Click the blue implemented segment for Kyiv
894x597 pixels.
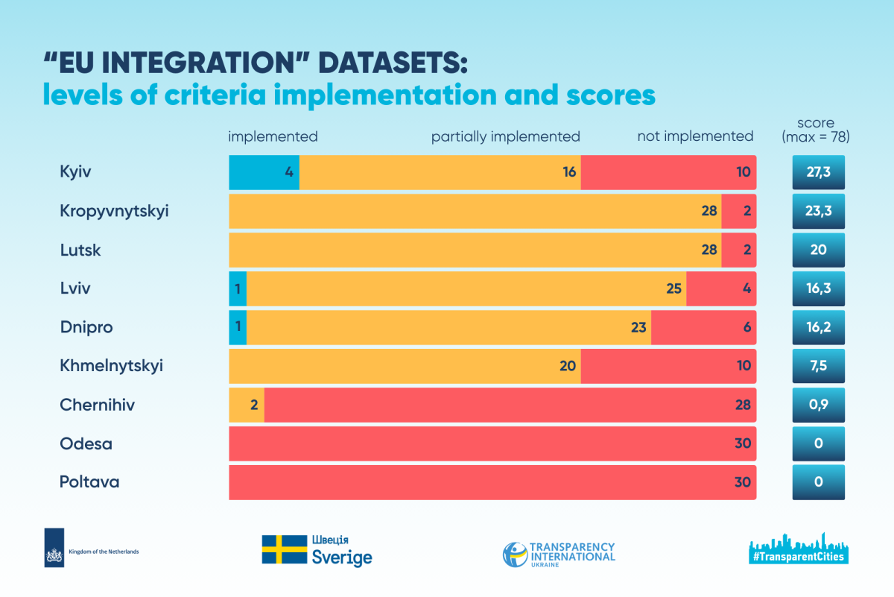click(264, 172)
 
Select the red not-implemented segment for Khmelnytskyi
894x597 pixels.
click(668, 366)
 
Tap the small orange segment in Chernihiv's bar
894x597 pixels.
click(247, 405)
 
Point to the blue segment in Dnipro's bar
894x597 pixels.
click(238, 327)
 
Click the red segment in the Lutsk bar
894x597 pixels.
click(738, 250)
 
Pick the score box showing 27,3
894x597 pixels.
click(818, 172)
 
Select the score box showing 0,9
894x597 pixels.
click(818, 405)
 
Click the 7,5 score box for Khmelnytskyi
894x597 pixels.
click(818, 366)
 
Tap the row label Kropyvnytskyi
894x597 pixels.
click(114, 211)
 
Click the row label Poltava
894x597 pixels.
click(89, 482)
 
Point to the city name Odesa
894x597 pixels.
click(86, 443)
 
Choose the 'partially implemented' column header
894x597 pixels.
click(505, 136)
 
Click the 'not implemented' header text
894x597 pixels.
click(695, 136)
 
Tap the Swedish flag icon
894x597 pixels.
click(285, 549)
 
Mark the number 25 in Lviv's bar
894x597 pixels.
click(673, 288)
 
